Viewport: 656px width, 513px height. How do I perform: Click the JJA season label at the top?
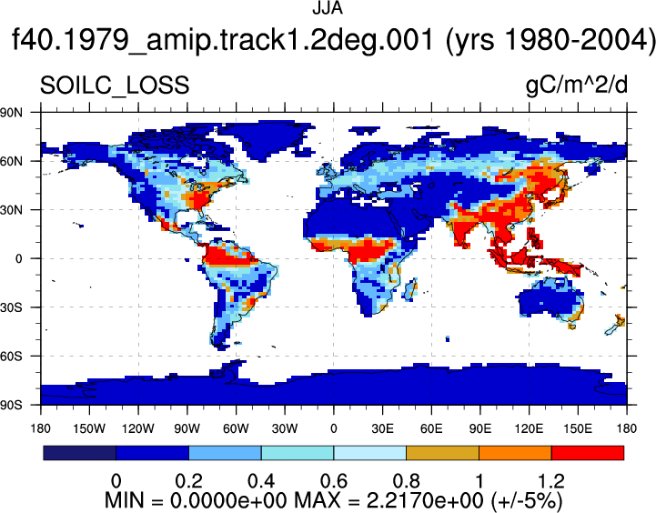coord(328,8)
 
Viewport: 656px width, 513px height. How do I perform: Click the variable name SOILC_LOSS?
coord(115,85)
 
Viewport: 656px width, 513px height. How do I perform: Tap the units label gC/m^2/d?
coord(577,85)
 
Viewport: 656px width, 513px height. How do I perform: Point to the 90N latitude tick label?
coord(11,112)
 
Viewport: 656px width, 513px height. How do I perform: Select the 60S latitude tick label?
coord(11,357)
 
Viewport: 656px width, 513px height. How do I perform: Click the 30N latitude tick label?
coord(11,210)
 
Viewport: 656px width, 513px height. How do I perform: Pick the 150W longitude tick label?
coord(89,428)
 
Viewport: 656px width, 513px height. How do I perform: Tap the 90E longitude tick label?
coord(479,428)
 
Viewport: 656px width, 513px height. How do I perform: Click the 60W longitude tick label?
coord(236,428)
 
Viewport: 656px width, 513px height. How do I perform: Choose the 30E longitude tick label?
coord(382,428)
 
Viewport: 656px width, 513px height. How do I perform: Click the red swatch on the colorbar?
coord(588,453)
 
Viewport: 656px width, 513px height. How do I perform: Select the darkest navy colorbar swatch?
coord(79,453)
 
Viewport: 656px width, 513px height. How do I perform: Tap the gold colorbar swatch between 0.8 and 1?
coord(442,453)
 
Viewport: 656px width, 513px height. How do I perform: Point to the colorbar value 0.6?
coord(333,481)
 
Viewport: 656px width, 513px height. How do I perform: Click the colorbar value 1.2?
coord(551,481)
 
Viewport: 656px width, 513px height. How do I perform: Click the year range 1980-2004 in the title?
coord(552,41)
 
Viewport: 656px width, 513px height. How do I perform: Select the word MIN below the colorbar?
coord(124,500)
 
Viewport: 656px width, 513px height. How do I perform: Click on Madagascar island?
coord(411,290)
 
